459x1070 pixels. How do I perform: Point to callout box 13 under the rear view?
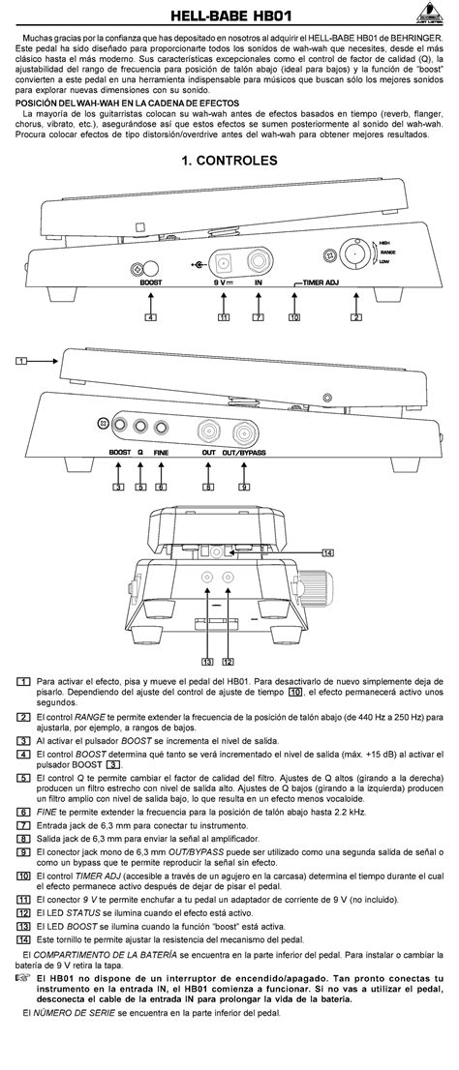[x=207, y=662]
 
